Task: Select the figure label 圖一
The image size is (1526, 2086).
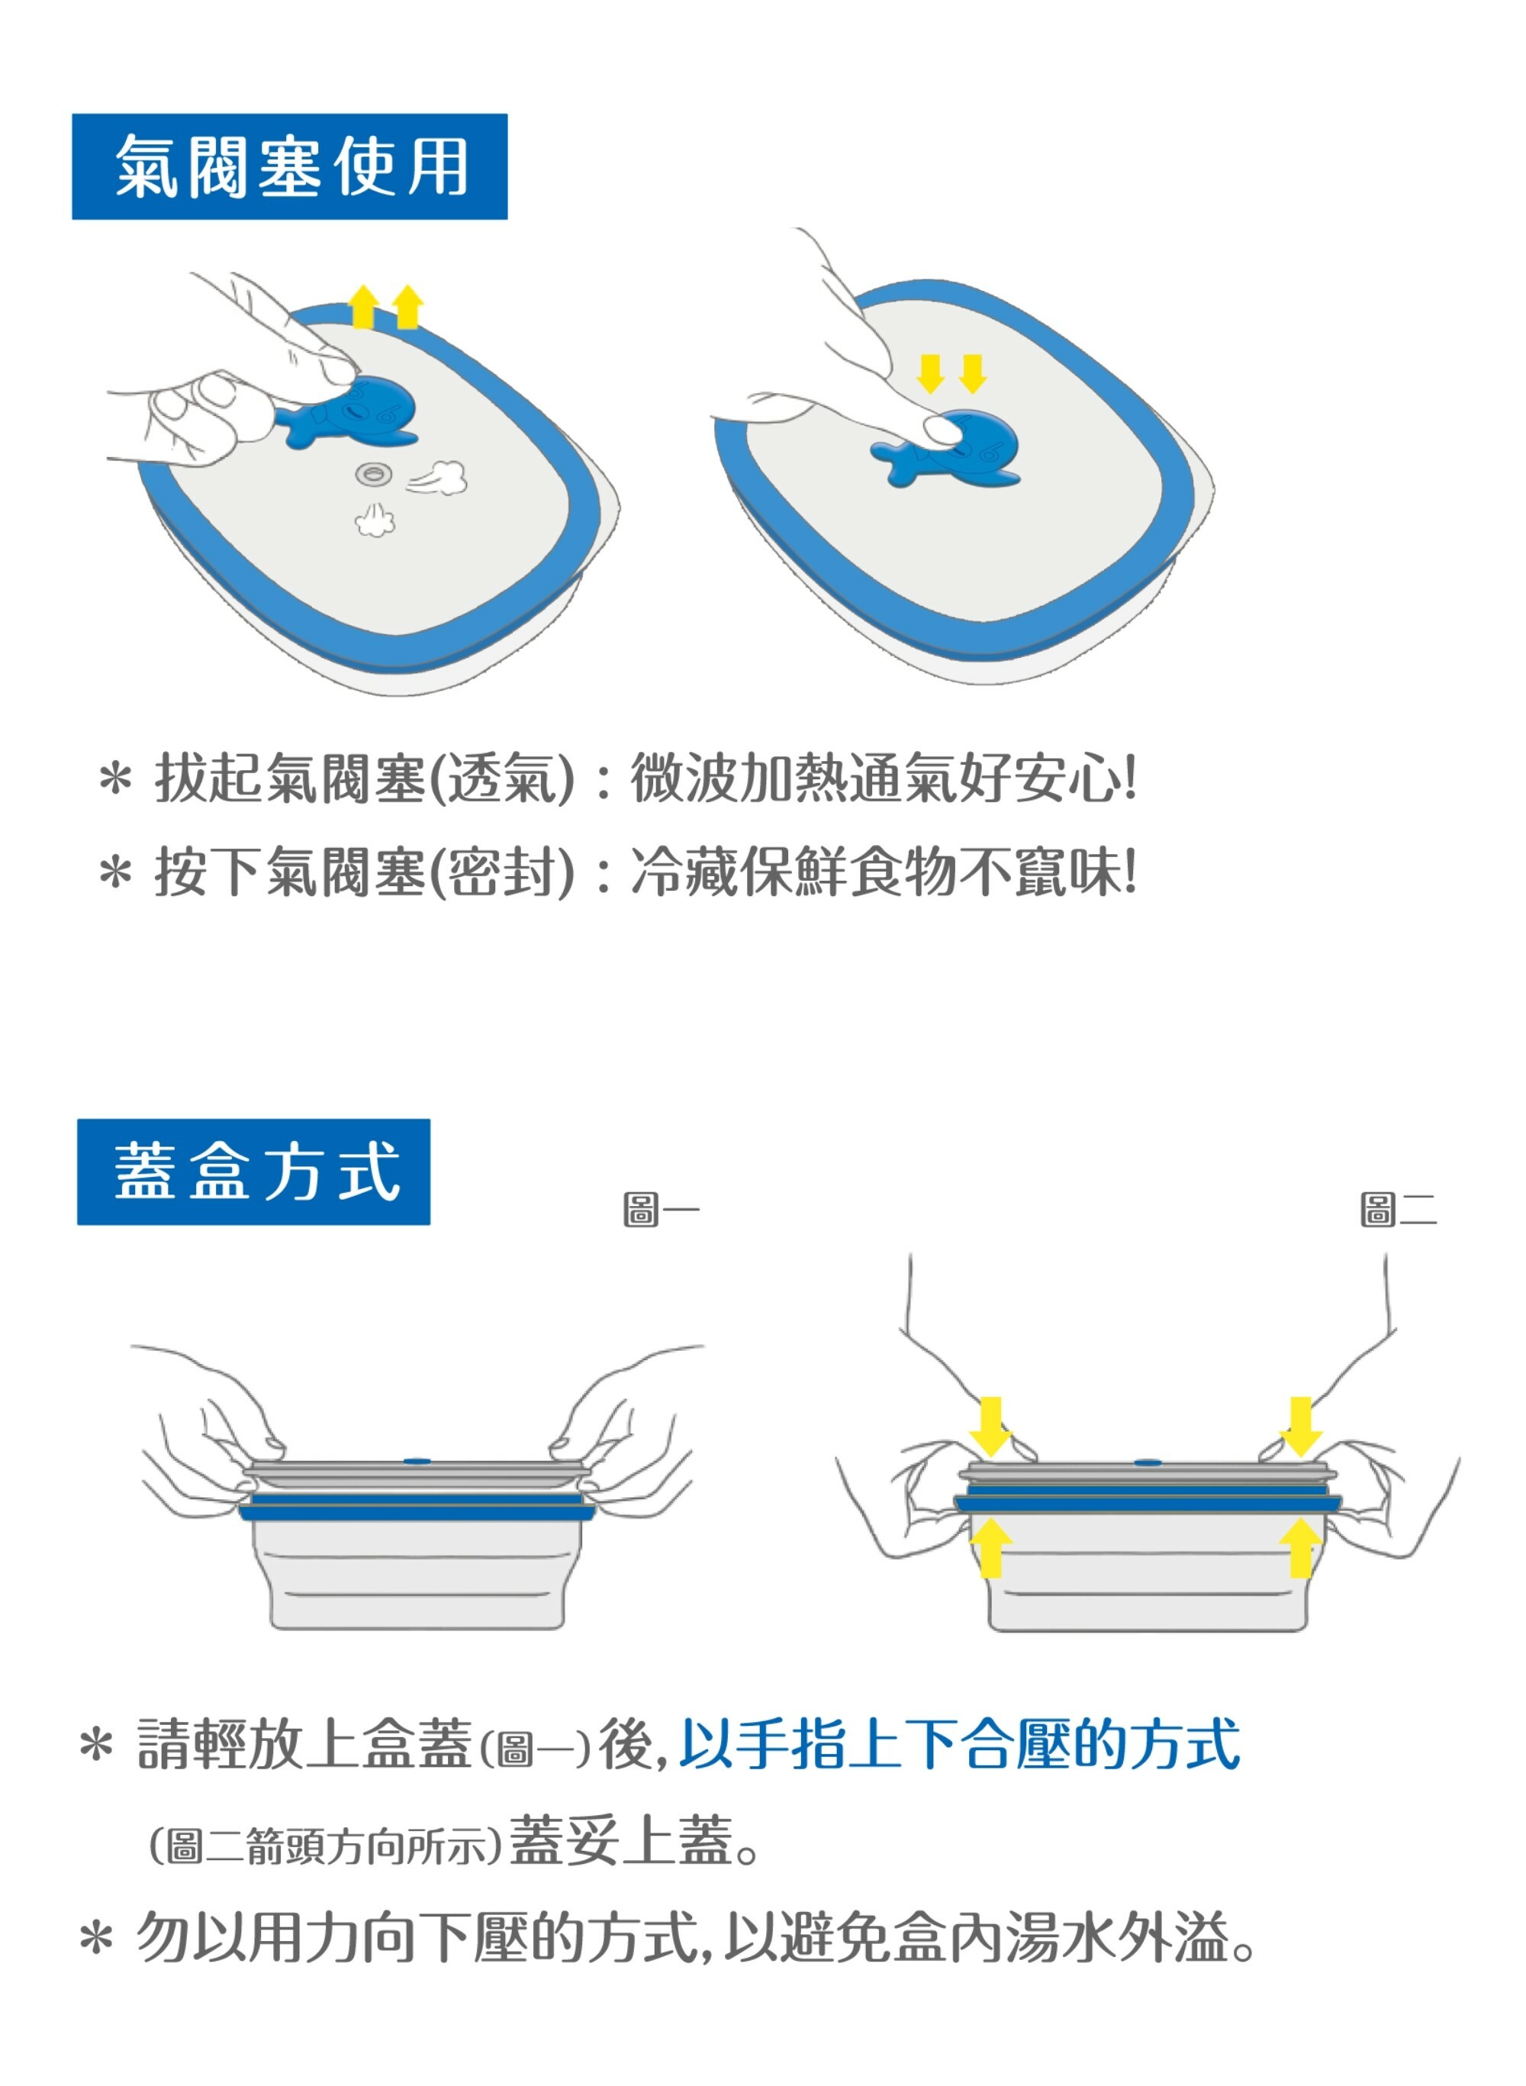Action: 662,1208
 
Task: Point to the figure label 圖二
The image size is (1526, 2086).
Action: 1399,1208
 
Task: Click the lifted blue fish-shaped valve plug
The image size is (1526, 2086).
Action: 349,414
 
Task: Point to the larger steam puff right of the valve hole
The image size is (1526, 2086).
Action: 438,478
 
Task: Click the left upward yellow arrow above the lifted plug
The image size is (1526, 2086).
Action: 364,307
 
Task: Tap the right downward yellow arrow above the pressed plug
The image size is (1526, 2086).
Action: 973,373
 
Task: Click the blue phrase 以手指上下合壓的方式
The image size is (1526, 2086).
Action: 960,1744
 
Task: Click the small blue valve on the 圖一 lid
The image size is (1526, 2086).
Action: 417,1462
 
